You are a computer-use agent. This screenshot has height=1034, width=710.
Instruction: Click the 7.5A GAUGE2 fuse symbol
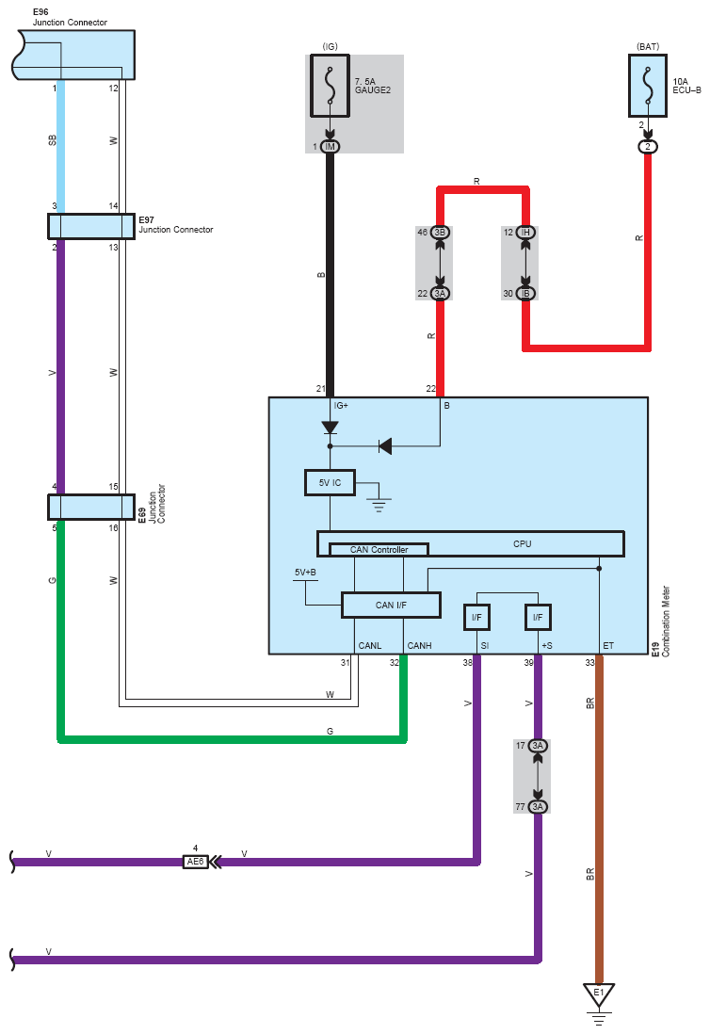click(x=330, y=86)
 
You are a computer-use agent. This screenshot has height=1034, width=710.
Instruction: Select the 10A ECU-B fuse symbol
click(x=647, y=86)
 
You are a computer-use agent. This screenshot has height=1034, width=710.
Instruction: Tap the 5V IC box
click(x=330, y=483)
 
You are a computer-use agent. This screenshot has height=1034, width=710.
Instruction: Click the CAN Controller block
click(x=379, y=549)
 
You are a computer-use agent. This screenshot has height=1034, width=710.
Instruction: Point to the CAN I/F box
click(x=391, y=605)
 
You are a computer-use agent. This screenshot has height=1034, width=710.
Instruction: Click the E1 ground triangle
click(x=599, y=994)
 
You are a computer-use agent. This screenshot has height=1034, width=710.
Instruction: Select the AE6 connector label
click(x=195, y=862)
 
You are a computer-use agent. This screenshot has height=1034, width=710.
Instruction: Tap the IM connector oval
click(x=330, y=146)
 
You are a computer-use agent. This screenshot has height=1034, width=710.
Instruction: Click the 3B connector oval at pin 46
click(x=441, y=232)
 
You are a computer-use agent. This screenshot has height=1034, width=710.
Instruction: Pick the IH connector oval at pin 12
click(x=525, y=232)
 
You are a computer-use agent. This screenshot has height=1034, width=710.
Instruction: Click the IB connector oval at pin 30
click(x=525, y=294)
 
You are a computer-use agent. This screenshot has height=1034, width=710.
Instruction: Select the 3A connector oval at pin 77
click(x=538, y=806)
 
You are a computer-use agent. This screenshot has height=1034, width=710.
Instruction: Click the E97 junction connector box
click(x=91, y=226)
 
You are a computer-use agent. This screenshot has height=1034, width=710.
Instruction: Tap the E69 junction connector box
click(x=91, y=507)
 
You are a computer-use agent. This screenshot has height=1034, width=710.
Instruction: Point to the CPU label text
click(x=522, y=544)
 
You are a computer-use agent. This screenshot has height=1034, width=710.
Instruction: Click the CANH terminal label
click(x=419, y=646)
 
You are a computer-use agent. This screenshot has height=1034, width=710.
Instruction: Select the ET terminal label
click(x=607, y=646)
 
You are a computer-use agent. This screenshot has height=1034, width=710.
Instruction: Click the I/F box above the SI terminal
click(x=476, y=617)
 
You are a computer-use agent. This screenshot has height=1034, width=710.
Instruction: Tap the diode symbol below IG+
click(x=330, y=428)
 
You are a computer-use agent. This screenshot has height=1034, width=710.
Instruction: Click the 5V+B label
click(x=304, y=573)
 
